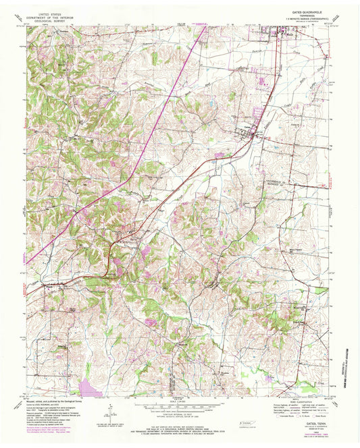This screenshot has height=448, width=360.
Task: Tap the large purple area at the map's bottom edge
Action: click(x=91, y=388)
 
